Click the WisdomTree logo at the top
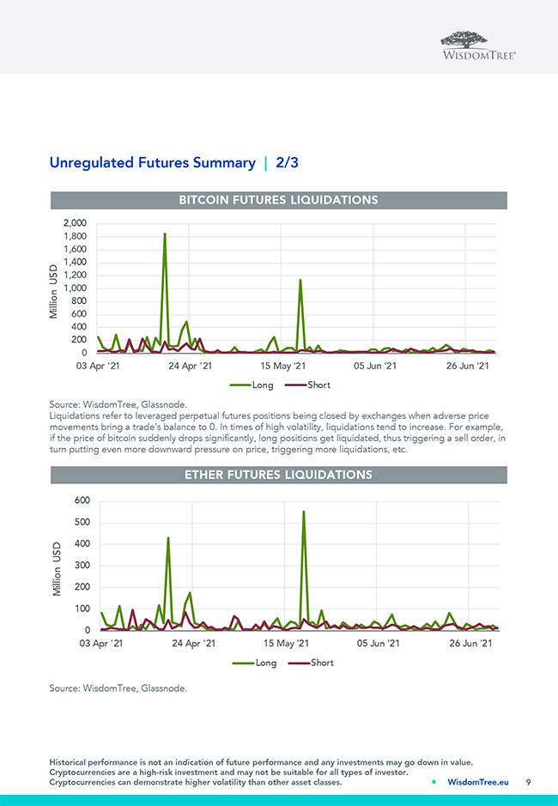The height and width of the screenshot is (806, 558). tap(478, 45)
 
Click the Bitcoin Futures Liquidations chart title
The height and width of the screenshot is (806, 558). tap(278, 200)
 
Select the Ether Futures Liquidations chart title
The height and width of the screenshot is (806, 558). tap(278, 475)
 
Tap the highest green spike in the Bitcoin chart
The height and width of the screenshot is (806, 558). tap(164, 234)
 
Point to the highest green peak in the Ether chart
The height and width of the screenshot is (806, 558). tap(303, 512)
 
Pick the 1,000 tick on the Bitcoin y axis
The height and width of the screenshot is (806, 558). tap(74, 288)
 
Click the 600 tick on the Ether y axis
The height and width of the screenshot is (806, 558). tap(81, 501)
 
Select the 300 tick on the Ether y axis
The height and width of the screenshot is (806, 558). tap(81, 566)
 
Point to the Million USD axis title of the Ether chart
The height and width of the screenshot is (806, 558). tap(57, 568)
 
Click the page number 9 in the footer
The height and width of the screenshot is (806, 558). tap(529, 782)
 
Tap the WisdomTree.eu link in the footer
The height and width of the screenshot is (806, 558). tap(477, 782)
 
